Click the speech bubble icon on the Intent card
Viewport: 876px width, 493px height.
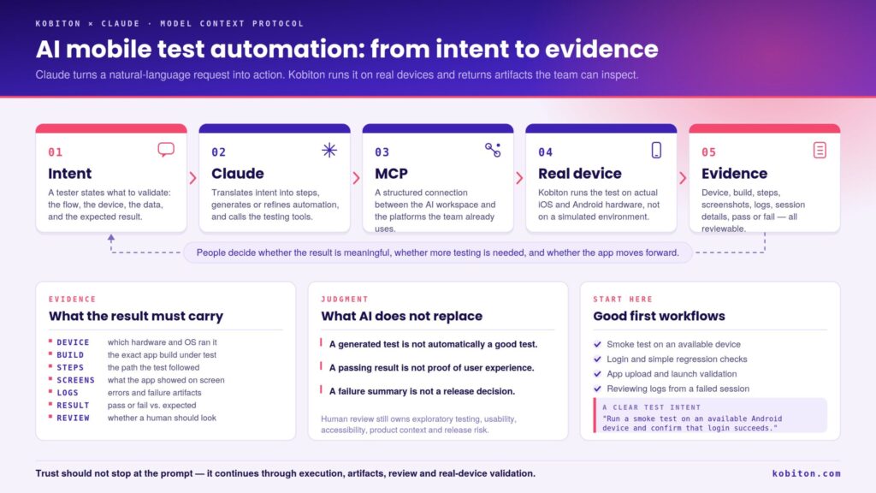166,149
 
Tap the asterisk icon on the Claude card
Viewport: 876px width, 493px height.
329,150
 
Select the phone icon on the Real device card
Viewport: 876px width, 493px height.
656,150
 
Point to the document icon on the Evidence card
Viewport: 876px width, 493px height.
820,150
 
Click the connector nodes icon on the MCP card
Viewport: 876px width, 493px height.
493,150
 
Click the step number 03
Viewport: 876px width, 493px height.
382,152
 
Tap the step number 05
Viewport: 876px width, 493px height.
709,152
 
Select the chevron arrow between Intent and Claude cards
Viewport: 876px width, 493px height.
192,178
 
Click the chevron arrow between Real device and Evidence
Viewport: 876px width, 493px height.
683,178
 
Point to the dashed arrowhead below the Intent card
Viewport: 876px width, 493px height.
111,238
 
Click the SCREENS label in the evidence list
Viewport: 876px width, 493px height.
75,380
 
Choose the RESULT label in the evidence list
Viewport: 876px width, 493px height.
73,405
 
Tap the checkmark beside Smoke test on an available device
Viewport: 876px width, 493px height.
597,344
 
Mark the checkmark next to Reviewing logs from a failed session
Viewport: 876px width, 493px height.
597,389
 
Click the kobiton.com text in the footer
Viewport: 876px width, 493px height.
806,473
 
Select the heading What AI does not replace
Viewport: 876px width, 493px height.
402,316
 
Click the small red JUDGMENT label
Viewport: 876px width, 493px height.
345,299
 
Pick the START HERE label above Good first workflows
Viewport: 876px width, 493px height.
623,299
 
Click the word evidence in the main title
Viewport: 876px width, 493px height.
601,49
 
